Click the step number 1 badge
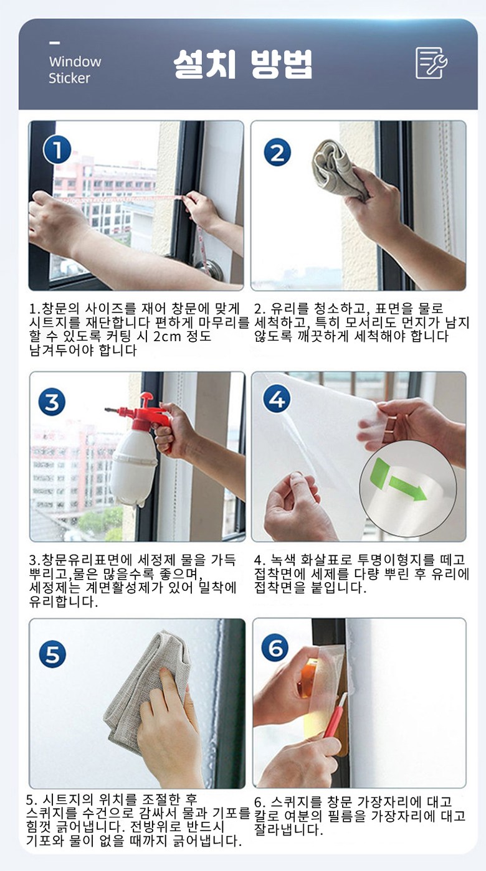click(57, 150)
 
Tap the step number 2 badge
click(277, 153)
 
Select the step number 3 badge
click(52, 402)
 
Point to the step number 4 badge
click(277, 399)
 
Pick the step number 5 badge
click(52, 654)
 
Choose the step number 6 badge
click(275, 648)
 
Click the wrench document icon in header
click(431, 63)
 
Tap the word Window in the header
click(75, 62)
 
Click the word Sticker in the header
click(69, 78)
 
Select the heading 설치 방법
click(243, 64)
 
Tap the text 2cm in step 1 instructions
click(167, 336)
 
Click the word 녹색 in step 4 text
click(283, 560)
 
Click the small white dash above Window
click(54, 43)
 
